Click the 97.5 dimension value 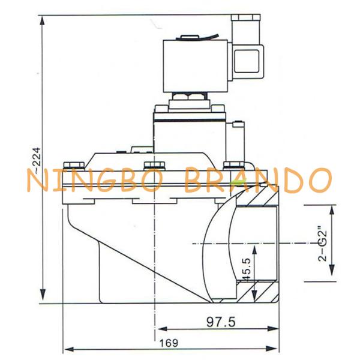pyautogui.click(x=221, y=322)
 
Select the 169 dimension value pyautogui.click(x=169, y=343)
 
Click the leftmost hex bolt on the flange pyautogui.click(x=74, y=166)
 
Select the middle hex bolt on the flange pyautogui.click(x=154, y=166)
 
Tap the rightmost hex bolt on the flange pyautogui.click(x=233, y=166)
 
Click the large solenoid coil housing pyautogui.click(x=195, y=66)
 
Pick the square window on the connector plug pyautogui.click(x=247, y=61)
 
